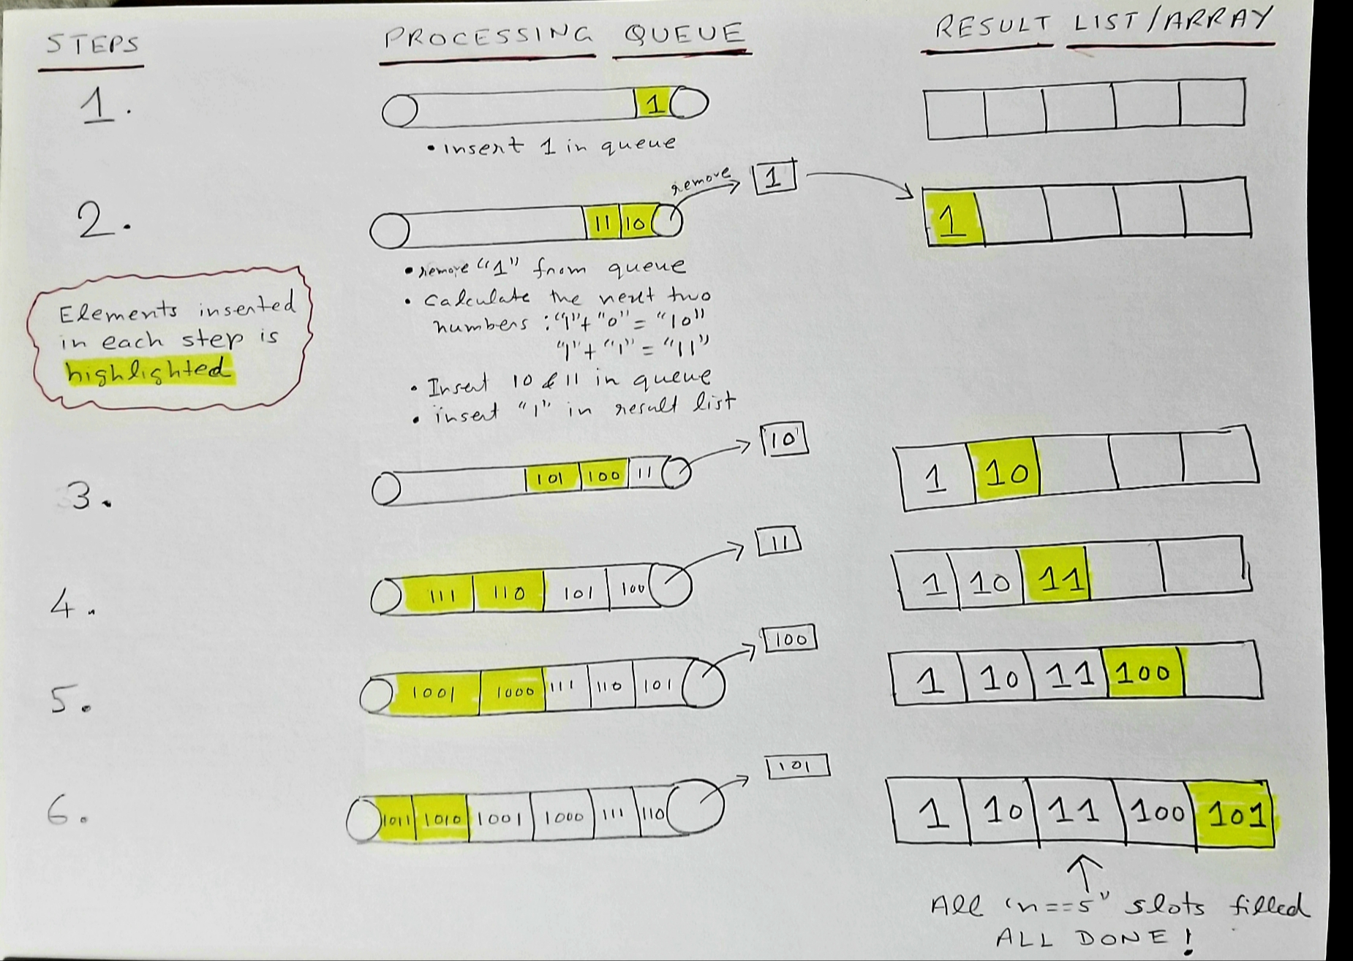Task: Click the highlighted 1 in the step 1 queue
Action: point(653,104)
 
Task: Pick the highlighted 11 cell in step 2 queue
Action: point(602,223)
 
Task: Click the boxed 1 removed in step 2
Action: point(774,178)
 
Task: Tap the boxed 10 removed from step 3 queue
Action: point(784,439)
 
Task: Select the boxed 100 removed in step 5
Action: point(790,639)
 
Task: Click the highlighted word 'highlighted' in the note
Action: point(148,371)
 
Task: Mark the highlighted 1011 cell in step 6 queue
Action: point(396,820)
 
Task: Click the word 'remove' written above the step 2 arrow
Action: point(701,181)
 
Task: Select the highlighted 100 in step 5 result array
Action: point(1144,672)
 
